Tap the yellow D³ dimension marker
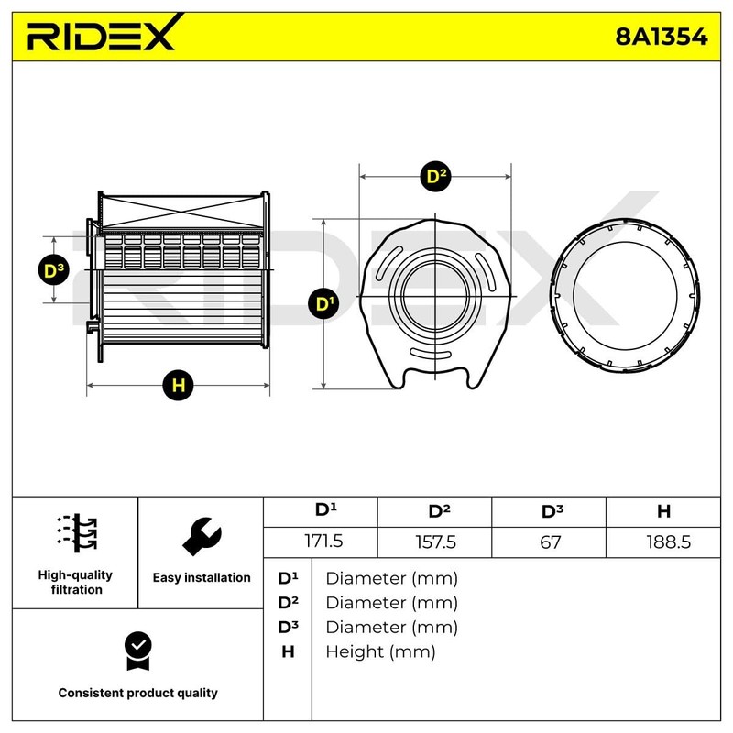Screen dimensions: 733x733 (x=55, y=269)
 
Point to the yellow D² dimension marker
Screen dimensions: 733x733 (x=436, y=177)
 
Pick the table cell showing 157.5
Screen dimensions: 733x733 (x=435, y=542)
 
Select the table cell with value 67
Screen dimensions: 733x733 (x=550, y=542)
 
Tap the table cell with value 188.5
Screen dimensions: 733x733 (x=663, y=542)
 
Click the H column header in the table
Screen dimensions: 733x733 (x=663, y=511)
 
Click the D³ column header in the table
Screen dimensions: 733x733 (x=550, y=511)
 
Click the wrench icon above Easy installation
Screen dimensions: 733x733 (x=202, y=536)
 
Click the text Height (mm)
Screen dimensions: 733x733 (x=380, y=651)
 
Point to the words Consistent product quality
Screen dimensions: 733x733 (x=137, y=694)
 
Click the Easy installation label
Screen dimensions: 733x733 (x=202, y=578)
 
